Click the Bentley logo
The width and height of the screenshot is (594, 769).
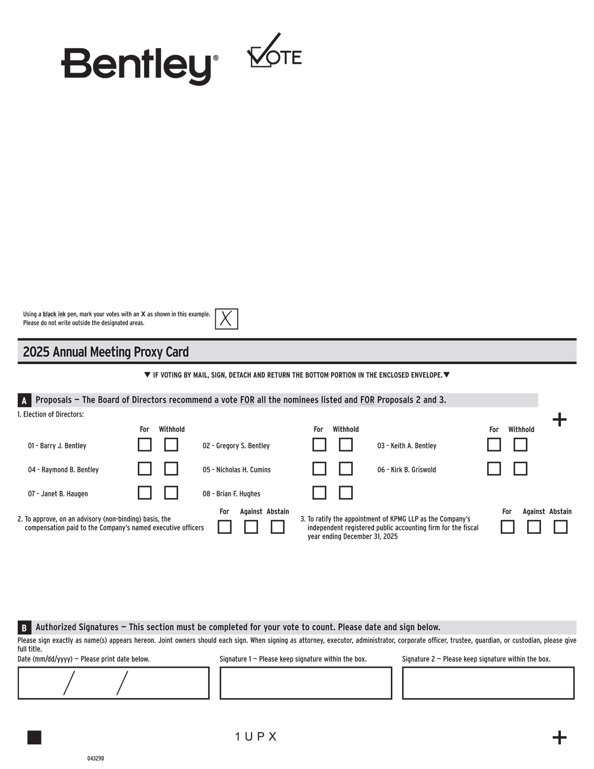[x=139, y=65]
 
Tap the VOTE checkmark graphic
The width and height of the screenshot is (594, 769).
[x=274, y=51]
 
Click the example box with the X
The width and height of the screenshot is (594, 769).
[x=226, y=319]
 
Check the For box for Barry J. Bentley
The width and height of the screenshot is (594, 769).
[x=144, y=445]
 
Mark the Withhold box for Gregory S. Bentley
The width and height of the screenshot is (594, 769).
[x=346, y=445]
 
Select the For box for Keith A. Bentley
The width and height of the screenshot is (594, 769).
[x=494, y=445]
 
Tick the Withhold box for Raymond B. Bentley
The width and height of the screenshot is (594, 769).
[x=171, y=468]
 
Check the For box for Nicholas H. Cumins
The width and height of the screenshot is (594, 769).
[x=319, y=468]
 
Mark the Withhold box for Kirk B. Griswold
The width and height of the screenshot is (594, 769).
[x=520, y=468]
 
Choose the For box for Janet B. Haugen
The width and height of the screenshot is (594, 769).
[x=144, y=493]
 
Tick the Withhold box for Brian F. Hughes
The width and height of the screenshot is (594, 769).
[x=346, y=493]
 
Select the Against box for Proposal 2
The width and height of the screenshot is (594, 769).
[x=251, y=527]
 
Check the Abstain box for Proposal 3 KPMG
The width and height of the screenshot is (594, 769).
[x=560, y=527]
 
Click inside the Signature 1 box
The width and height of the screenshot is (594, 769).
[x=306, y=683]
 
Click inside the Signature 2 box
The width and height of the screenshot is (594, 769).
[x=488, y=683]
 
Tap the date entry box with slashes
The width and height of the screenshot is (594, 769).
[x=113, y=683]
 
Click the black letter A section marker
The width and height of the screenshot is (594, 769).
[x=24, y=400]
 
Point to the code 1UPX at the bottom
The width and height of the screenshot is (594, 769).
[x=256, y=737]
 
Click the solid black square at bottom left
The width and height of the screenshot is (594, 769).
[x=34, y=738]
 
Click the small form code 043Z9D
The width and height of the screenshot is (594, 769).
[x=96, y=759]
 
